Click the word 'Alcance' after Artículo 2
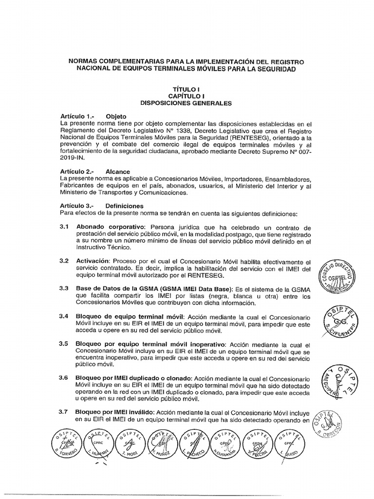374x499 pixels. coord(118,172)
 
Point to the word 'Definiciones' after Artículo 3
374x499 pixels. coord(124,206)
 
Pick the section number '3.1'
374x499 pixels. coord(64,227)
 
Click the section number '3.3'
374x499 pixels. coord(64,288)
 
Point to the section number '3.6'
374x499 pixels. coord(64,377)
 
